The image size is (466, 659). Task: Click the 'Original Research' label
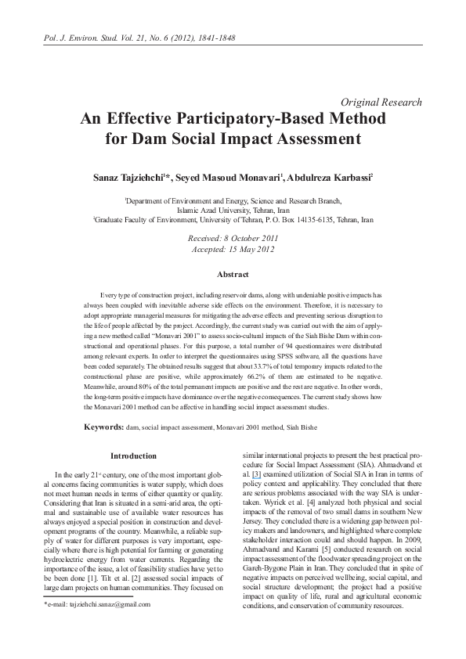click(x=382, y=103)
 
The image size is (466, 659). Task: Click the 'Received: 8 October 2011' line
click(x=233, y=236)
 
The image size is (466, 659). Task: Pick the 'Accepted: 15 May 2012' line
click(x=233, y=249)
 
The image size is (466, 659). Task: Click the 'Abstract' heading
click(x=233, y=275)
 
